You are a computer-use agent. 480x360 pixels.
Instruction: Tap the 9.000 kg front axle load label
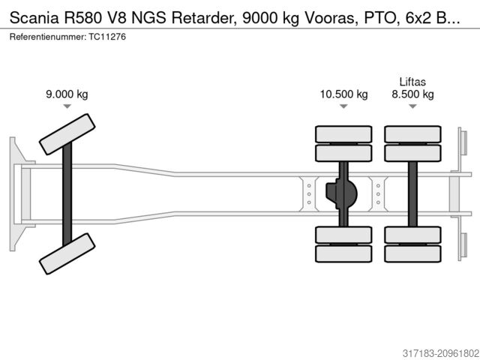pyautogui.click(x=67, y=94)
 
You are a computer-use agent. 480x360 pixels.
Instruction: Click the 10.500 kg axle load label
pyautogui.click(x=343, y=94)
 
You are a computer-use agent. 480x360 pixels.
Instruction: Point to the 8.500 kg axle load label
pyautogui.click(x=412, y=94)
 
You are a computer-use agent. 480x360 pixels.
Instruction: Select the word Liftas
pyautogui.click(x=412, y=81)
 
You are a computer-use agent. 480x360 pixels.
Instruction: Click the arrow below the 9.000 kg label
pyautogui.click(x=67, y=107)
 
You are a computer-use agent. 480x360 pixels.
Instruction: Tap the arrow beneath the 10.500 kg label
pyautogui.click(x=343, y=107)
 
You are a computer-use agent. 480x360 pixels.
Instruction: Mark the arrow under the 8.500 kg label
pyautogui.click(x=412, y=107)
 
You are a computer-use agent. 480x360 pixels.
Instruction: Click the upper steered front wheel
pyautogui.click(x=67, y=134)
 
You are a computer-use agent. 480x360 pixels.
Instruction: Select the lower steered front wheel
pyautogui.click(x=67, y=252)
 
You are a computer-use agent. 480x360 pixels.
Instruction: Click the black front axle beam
pyautogui.click(x=67, y=193)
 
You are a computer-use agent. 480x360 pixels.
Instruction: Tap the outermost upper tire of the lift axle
pyautogui.click(x=412, y=134)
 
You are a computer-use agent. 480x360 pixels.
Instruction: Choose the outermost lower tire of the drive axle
pyautogui.click(x=343, y=253)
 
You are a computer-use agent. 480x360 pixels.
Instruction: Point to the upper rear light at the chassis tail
pyautogui.click(x=461, y=142)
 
